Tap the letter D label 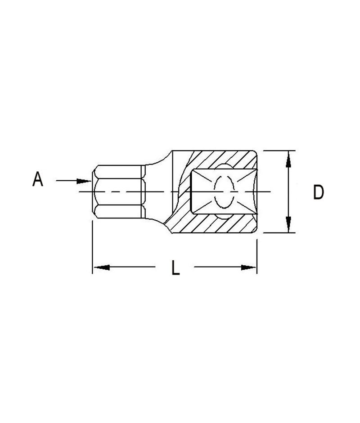click(x=318, y=193)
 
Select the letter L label click(x=175, y=268)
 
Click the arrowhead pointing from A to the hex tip click(x=84, y=181)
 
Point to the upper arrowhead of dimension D click(x=288, y=159)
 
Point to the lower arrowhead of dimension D click(x=288, y=224)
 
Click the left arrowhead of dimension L click(x=102, y=267)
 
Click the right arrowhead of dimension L click(x=247, y=267)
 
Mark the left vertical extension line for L click(x=92, y=247)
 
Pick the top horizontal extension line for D click(x=279, y=150)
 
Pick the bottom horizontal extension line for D click(x=279, y=233)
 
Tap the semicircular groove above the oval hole click(x=224, y=167)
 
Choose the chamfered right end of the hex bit click(x=143, y=192)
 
